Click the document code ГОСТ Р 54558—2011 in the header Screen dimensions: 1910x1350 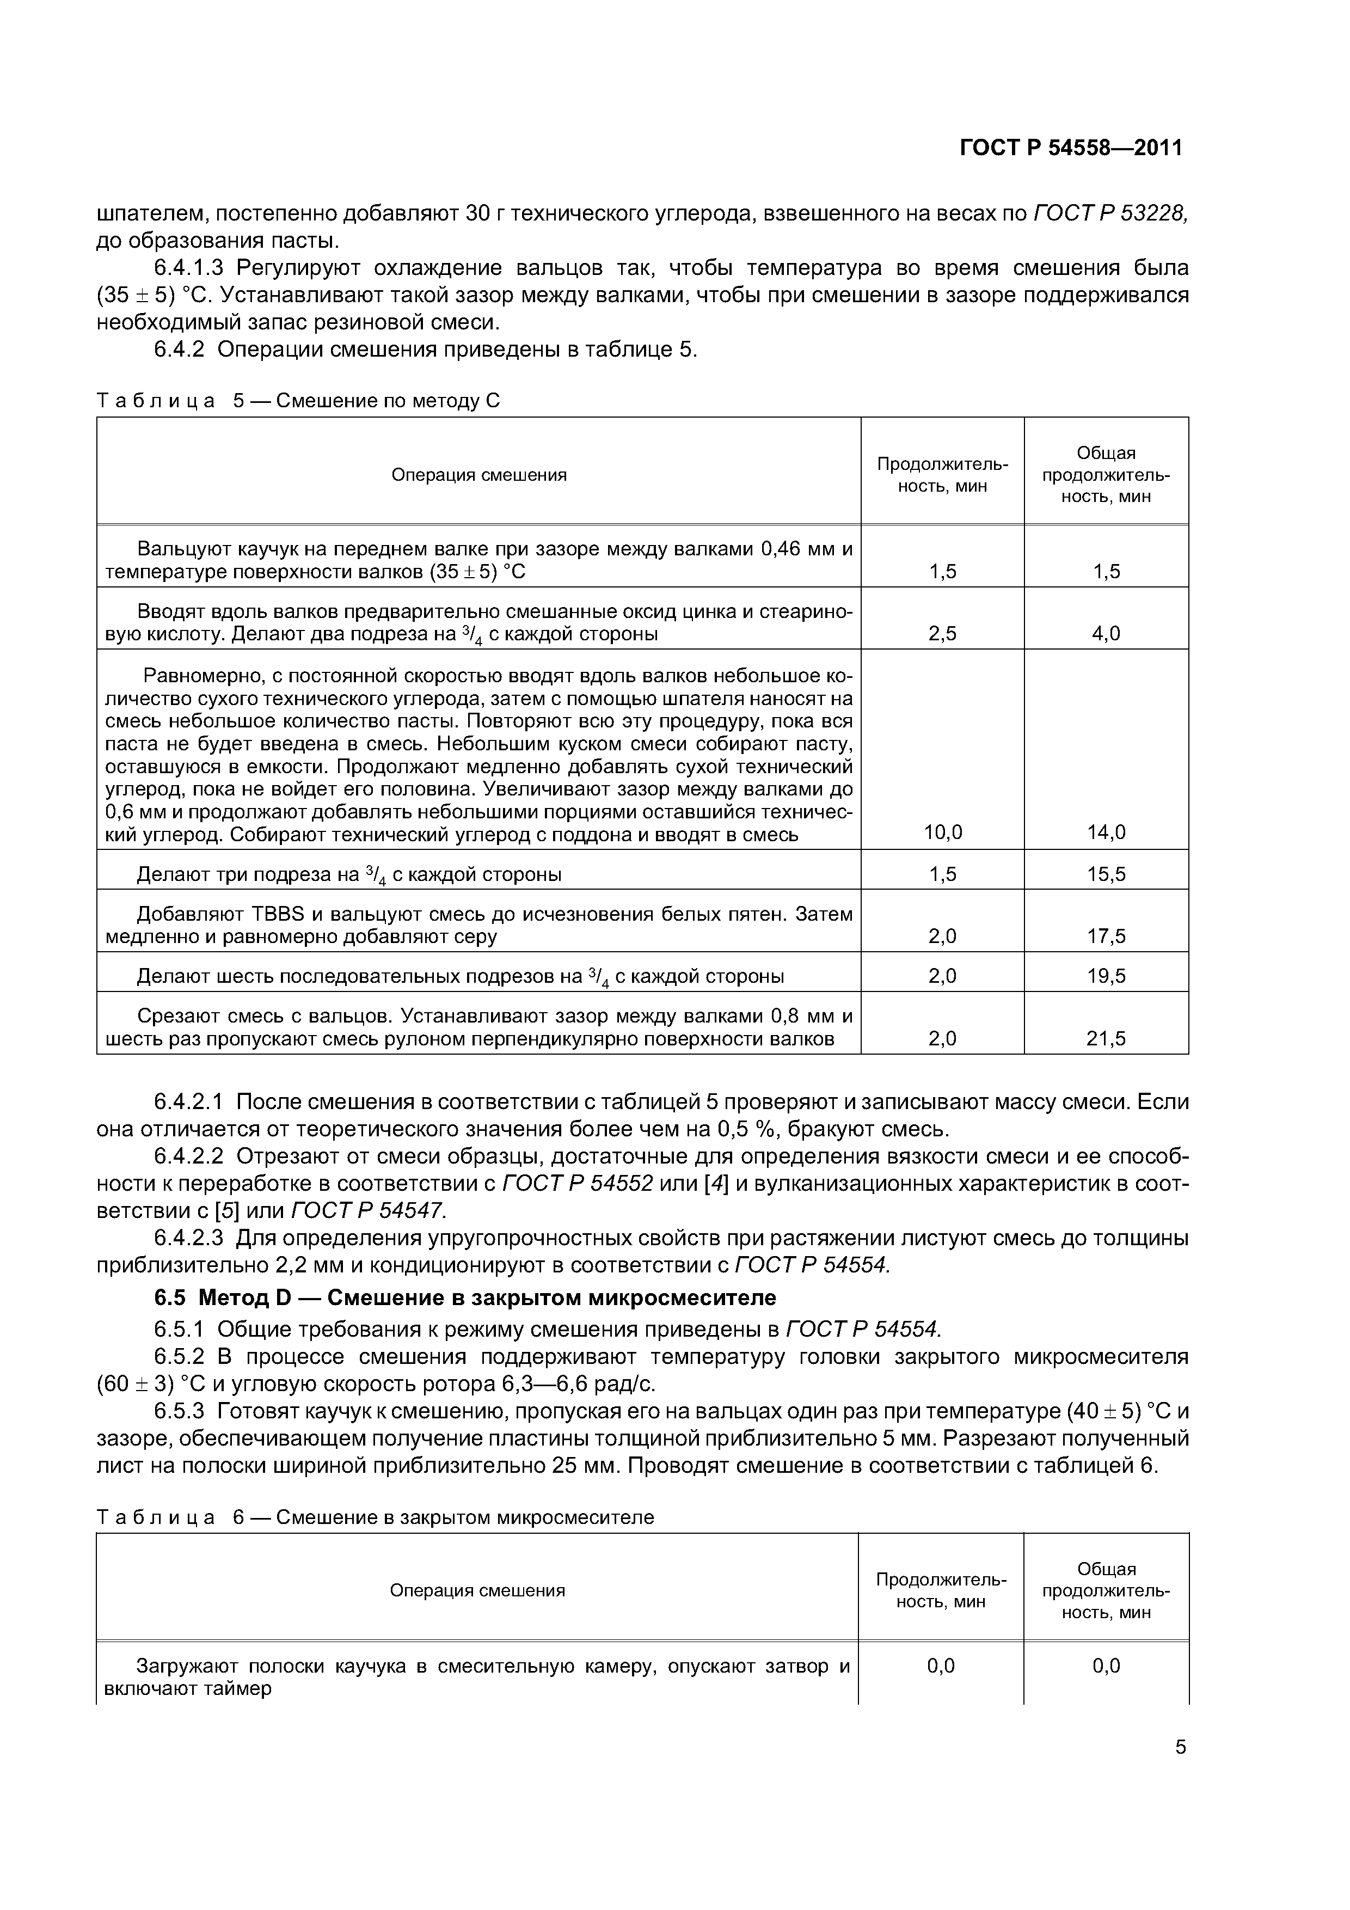coord(1071,148)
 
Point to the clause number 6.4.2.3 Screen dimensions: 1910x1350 coord(189,1238)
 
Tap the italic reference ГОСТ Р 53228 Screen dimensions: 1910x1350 coord(1109,214)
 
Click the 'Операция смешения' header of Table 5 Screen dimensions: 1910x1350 coord(479,475)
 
